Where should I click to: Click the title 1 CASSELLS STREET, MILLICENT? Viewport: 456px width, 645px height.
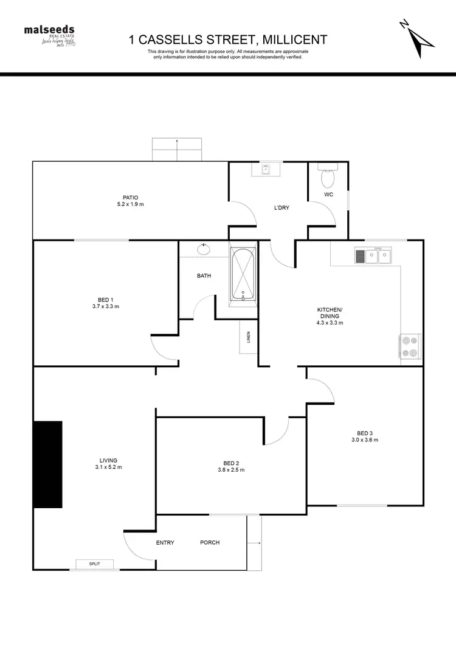click(x=228, y=40)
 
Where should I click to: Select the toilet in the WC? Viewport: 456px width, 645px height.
click(x=328, y=176)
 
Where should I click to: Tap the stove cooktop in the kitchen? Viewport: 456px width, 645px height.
click(x=410, y=347)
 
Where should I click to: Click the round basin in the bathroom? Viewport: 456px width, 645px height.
click(x=203, y=249)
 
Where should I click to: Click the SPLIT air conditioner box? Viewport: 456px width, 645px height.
click(x=94, y=564)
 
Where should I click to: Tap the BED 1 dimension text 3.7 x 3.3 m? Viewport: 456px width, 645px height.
click(x=105, y=307)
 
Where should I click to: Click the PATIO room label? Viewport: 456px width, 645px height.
click(x=130, y=197)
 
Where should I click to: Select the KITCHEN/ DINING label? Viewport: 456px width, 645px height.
click(x=330, y=313)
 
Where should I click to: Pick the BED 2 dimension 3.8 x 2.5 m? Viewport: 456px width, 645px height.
click(x=230, y=469)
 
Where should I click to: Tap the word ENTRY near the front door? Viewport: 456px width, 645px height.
click(x=165, y=542)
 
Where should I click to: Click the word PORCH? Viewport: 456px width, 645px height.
click(x=210, y=542)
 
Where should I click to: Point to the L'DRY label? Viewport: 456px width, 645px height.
click(x=282, y=208)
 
